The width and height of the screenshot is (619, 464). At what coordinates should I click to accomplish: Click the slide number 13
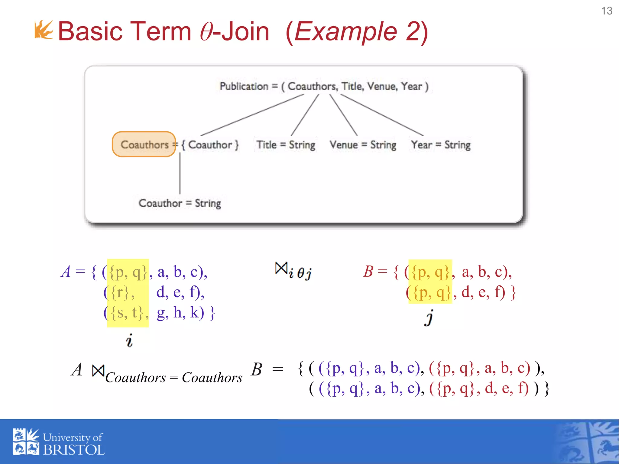point(606,11)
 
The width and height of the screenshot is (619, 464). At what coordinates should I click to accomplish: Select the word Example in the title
point(345,31)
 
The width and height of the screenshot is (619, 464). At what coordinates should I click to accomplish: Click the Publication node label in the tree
point(244,86)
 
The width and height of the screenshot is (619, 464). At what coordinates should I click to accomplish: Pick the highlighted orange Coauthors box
point(144,144)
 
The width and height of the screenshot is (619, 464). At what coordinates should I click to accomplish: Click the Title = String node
point(286,145)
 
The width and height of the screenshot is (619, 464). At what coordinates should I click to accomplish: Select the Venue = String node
point(363,145)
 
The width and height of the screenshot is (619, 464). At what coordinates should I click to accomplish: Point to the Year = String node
point(441,145)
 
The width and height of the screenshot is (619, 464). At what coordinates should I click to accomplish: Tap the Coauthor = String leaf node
point(180,203)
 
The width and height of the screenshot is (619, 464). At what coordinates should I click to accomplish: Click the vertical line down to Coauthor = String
point(180,174)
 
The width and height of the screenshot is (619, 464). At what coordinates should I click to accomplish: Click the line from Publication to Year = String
point(381,115)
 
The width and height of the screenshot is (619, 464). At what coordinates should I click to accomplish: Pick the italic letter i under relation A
point(129,340)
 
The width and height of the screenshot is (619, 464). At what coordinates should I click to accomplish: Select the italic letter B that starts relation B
point(368,271)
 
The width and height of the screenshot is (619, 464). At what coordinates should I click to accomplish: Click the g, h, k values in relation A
point(180,313)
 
